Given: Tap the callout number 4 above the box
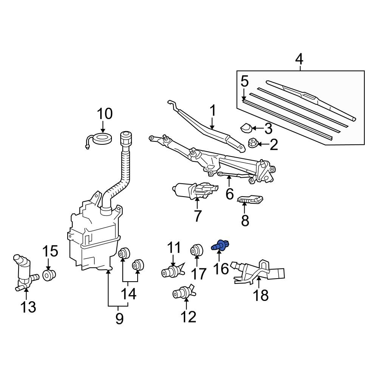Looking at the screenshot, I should pyautogui.click(x=299, y=59).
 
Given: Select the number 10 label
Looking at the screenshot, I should pyautogui.click(x=105, y=113).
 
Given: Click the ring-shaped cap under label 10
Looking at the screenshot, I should pyautogui.click(x=102, y=139).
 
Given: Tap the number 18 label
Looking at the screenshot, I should pyautogui.click(x=260, y=295).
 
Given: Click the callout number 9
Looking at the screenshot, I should pyautogui.click(x=119, y=319).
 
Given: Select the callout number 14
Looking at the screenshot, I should pyautogui.click(x=129, y=294).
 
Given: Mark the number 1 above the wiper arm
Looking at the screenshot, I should pyautogui.click(x=212, y=111).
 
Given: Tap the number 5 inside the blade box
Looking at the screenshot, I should pyautogui.click(x=245, y=81).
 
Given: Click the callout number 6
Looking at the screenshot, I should pyautogui.click(x=229, y=194).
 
